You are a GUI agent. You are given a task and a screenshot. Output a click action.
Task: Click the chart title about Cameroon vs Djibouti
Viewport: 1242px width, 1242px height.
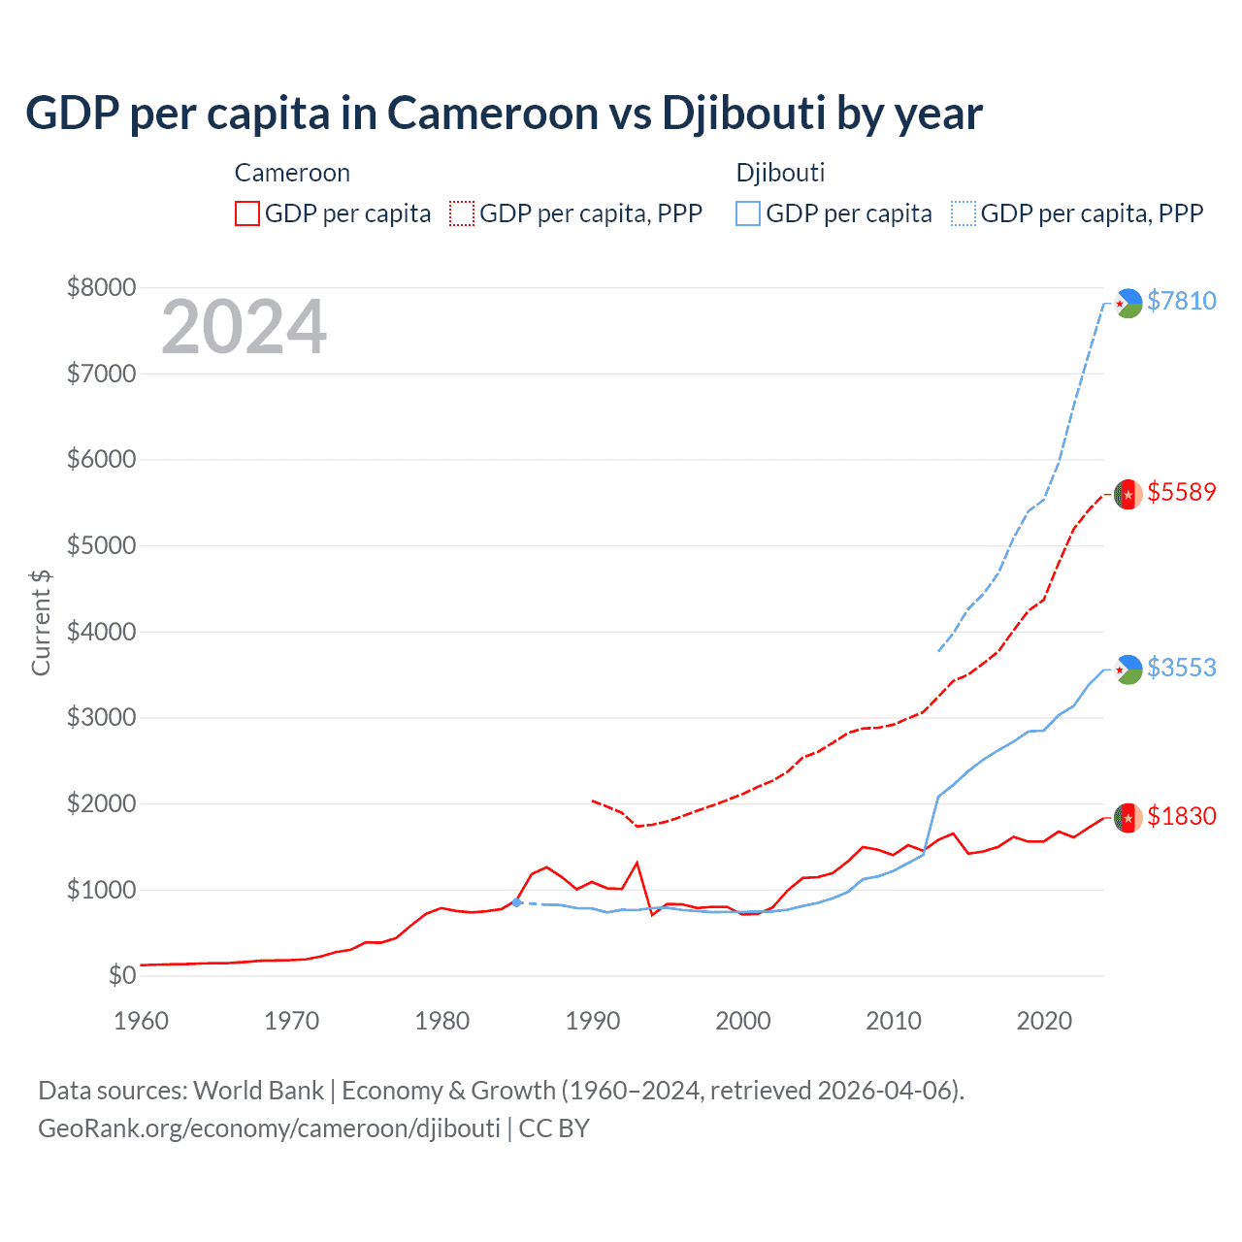tap(504, 114)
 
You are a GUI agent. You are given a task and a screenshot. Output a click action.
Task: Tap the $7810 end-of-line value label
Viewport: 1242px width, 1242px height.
tap(1181, 301)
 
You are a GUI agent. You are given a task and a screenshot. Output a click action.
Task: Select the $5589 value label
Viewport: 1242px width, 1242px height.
tap(1181, 492)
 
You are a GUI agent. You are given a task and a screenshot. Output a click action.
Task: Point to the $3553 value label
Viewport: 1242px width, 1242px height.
tap(1181, 668)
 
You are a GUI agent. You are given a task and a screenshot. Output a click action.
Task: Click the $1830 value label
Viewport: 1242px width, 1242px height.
tap(1181, 816)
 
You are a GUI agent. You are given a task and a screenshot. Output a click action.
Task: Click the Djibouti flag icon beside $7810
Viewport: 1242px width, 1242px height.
tap(1128, 303)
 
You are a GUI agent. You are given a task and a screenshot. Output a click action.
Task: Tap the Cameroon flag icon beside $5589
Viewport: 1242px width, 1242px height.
tap(1128, 494)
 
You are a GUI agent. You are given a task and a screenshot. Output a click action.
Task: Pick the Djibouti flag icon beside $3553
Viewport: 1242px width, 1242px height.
tap(1128, 670)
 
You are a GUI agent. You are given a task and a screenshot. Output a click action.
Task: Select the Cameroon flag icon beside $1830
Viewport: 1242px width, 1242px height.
tap(1128, 818)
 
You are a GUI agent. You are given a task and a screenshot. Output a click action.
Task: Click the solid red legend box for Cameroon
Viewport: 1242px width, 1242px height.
tap(247, 213)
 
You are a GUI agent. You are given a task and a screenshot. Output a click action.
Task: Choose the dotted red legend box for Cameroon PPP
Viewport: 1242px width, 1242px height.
tap(462, 213)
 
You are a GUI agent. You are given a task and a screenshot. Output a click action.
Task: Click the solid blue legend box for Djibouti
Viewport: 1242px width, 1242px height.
tap(748, 213)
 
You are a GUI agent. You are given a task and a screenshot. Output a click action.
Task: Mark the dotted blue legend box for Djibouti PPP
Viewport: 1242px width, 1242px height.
tap(964, 213)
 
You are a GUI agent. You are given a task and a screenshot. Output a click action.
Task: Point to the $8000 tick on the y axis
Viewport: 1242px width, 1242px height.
tap(101, 287)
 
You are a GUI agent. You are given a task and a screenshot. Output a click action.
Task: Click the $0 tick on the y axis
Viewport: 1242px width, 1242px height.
tap(121, 975)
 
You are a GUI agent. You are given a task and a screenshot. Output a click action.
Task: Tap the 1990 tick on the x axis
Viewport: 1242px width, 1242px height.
tap(593, 1021)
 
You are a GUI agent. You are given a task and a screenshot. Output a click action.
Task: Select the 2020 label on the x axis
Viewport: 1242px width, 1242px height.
tap(1044, 1021)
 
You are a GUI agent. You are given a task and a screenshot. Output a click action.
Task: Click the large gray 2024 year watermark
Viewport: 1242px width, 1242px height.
tap(244, 328)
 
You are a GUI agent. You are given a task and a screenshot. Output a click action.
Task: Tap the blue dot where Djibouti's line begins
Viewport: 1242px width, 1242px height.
tap(517, 902)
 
